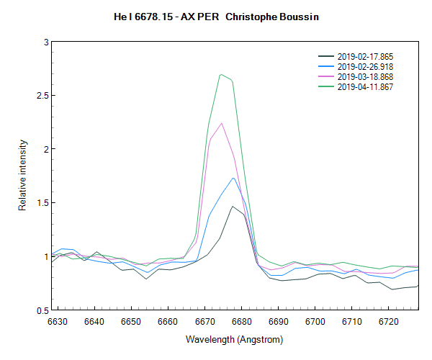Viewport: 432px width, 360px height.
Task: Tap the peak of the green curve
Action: click(x=221, y=74)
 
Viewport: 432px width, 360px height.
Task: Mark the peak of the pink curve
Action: click(x=222, y=123)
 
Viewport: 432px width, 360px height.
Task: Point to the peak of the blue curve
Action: click(x=233, y=178)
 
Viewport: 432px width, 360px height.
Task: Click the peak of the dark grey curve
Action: click(x=233, y=206)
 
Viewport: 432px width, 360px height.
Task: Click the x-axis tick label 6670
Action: click(x=204, y=322)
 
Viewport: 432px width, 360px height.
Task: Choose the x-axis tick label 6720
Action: click(x=388, y=322)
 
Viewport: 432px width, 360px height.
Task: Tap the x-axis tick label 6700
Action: click(x=315, y=322)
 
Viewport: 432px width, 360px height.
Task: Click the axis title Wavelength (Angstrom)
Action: click(x=234, y=339)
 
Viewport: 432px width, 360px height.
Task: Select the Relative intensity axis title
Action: click(x=22, y=176)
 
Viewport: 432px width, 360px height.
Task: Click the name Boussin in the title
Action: click(x=298, y=15)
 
